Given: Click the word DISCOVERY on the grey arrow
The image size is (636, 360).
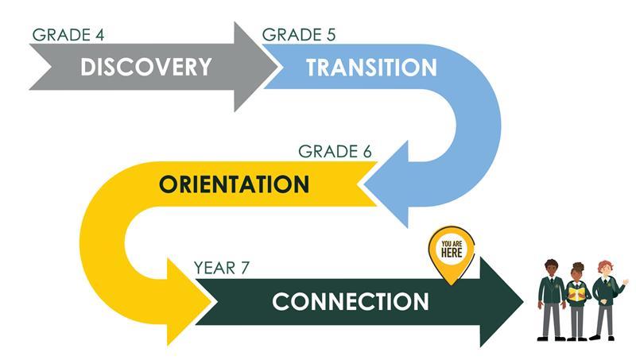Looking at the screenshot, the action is [146, 67].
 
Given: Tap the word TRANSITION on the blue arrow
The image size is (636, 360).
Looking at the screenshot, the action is [371, 68].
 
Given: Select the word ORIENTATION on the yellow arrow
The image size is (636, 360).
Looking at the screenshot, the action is [234, 184].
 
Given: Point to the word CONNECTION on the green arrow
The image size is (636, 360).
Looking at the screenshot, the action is [351, 302].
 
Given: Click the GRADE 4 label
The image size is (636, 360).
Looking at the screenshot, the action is [68, 35].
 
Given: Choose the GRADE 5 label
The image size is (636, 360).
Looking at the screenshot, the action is [299, 35].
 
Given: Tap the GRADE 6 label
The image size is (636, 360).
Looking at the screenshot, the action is [335, 152].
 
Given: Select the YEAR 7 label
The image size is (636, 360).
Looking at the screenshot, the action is [222, 268].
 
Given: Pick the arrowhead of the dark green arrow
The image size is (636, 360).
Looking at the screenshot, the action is [500, 302].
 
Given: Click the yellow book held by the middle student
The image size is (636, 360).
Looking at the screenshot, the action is [578, 292].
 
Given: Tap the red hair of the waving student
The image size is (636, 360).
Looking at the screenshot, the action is [604, 266].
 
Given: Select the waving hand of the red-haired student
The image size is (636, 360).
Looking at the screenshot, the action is [625, 281].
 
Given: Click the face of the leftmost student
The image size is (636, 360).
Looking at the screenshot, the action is [551, 270].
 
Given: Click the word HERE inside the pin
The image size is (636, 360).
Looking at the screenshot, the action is [452, 253].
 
